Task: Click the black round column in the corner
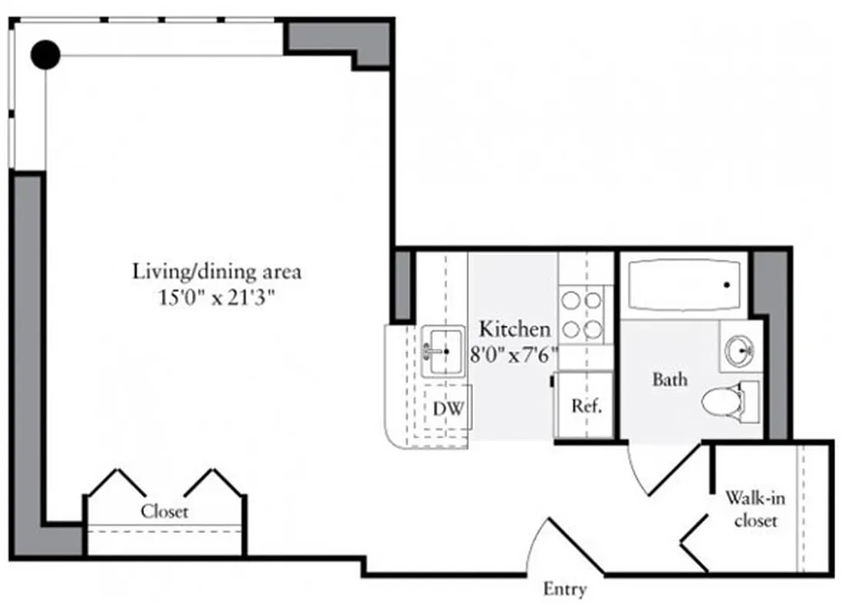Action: click(45, 55)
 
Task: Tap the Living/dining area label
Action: click(217, 272)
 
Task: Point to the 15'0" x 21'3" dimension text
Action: click(217, 298)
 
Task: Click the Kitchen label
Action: click(515, 330)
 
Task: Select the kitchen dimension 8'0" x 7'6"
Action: click(515, 356)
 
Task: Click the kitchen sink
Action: click(443, 351)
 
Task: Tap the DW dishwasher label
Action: click(448, 409)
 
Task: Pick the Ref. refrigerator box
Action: click(585, 406)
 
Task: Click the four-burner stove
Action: click(582, 313)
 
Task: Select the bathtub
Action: click(684, 286)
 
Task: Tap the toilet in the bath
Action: click(727, 400)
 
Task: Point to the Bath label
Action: click(669, 380)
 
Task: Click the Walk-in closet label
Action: click(755, 509)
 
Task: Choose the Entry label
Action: click(565, 589)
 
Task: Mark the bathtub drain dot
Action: click(726, 285)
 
